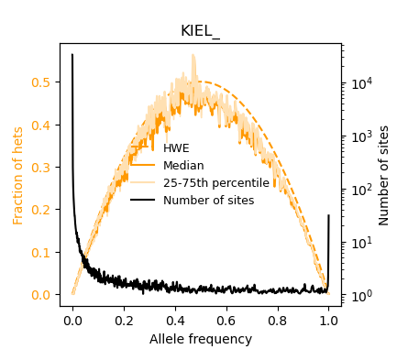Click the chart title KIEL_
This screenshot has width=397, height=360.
click(200, 30)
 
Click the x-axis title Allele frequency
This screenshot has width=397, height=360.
click(200, 339)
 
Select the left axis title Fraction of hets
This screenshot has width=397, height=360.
click(18, 175)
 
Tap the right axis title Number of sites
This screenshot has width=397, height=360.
click(384, 175)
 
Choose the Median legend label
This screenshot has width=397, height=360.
click(183, 166)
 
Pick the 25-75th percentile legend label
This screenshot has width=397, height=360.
click(215, 183)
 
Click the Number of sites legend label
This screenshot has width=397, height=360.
click(208, 201)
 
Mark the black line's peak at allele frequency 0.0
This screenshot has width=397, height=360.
click(72, 55)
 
